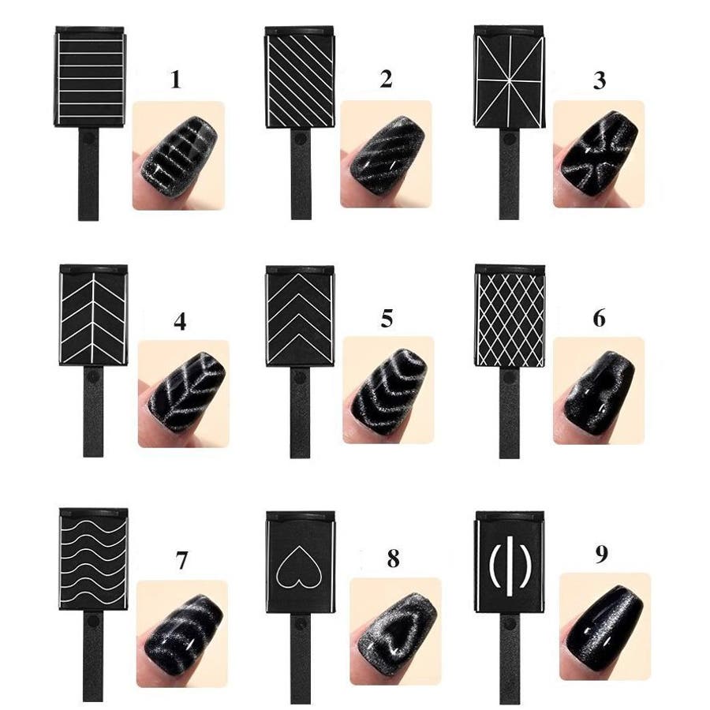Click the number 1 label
point(176,79)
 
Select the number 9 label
point(601,555)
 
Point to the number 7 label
point(181,560)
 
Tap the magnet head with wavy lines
point(94,559)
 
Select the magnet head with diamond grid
point(510,316)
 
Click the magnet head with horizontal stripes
point(90,77)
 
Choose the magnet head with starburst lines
point(510,76)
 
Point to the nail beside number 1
point(180,156)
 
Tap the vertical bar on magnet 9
point(510,566)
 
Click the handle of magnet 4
point(93,411)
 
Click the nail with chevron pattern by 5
point(388,390)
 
